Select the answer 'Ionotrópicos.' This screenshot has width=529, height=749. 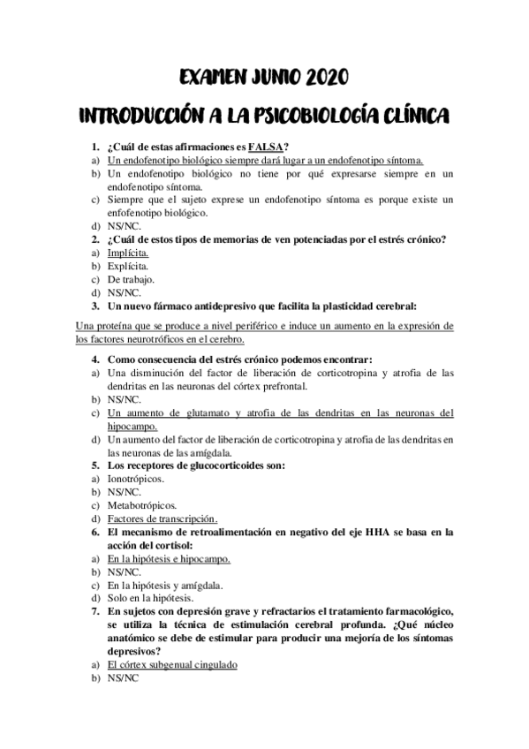(x=136, y=478)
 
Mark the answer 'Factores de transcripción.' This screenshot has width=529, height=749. (x=162, y=518)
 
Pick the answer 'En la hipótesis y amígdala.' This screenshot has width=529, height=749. (x=164, y=585)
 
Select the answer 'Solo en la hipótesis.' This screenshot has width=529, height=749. (x=150, y=598)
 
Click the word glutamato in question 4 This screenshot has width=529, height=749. (x=208, y=412)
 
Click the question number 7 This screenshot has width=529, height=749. (x=96, y=611)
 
